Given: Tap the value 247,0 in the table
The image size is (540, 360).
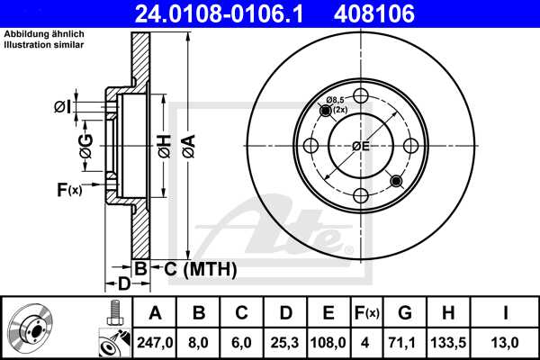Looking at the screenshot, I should [156, 342].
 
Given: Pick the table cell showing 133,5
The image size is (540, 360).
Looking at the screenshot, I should [450, 342].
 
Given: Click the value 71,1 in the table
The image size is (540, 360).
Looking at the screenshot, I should [405, 342].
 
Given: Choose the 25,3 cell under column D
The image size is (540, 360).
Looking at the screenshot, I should [285, 342].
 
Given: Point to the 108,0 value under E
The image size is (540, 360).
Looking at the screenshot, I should [328, 342].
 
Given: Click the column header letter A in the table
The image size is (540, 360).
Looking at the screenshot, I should [156, 313].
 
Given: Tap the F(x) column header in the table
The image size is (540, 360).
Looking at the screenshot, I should [366, 313].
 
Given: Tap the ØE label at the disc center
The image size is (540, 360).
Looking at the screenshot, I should [361, 147].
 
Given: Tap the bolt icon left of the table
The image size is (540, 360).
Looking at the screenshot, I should [112, 313].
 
